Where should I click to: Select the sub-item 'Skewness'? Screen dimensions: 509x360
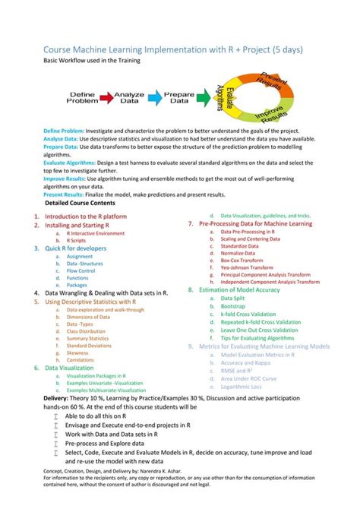click(x=77, y=353)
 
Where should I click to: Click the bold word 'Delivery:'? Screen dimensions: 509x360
click(x=55, y=397)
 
